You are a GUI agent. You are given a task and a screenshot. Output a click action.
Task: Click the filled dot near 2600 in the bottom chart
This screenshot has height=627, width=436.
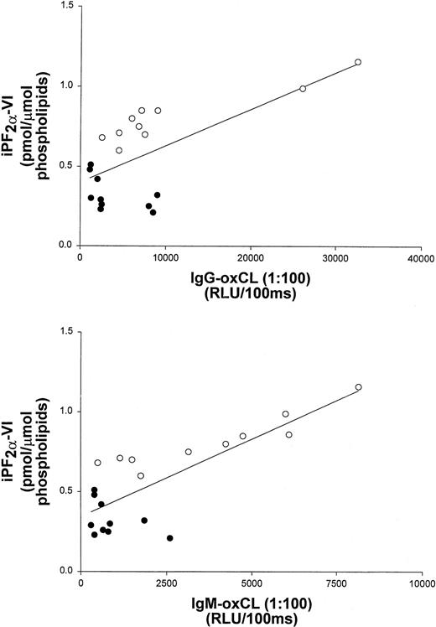(x=169, y=538)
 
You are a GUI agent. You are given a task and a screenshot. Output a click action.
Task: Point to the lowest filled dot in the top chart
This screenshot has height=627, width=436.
(x=153, y=212)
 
